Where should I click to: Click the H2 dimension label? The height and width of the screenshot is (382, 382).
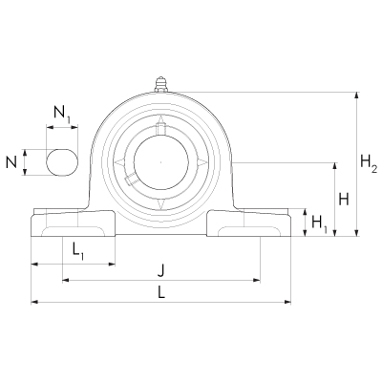point(369,162)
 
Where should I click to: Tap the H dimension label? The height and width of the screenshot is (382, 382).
point(344,200)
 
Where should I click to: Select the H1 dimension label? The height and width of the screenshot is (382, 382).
point(319,223)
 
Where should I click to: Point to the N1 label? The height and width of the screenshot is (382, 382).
point(62,115)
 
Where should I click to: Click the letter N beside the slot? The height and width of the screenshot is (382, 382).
point(11,162)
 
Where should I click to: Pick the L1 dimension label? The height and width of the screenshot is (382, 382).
point(77,251)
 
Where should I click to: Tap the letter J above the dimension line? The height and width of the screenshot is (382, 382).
point(161,271)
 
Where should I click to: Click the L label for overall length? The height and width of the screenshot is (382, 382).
point(161,292)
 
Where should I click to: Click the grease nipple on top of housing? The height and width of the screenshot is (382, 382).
point(160,84)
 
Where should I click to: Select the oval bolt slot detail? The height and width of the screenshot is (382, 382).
point(62,162)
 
